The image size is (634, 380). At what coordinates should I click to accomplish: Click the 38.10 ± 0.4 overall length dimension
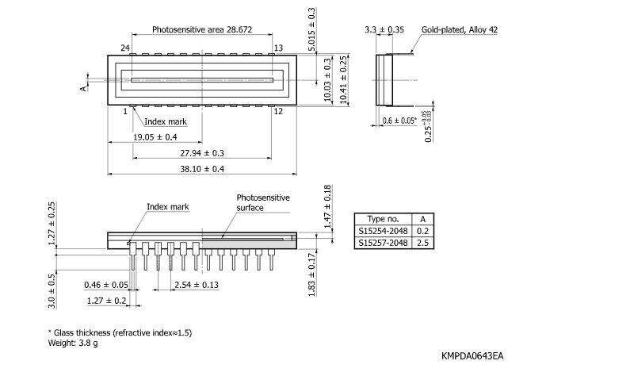pyautogui.click(x=202, y=169)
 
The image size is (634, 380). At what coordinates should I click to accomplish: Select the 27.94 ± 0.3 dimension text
pyautogui.click(x=202, y=152)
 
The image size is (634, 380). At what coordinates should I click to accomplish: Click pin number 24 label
pyautogui.click(x=124, y=48)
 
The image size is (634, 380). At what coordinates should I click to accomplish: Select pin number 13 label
pyautogui.click(x=278, y=48)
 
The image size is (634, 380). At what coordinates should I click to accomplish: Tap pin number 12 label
pyautogui.click(x=278, y=112)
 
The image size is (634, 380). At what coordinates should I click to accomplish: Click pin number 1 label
pyautogui.click(x=125, y=112)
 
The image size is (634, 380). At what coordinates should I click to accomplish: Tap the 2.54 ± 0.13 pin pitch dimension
pyautogui.click(x=197, y=285)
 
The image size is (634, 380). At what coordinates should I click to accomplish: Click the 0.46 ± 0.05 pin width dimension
pyautogui.click(x=106, y=285)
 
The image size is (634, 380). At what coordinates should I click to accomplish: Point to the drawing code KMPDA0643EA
pyautogui.click(x=472, y=356)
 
